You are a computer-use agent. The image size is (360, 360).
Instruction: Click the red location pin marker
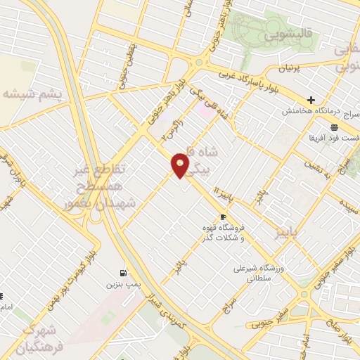181,165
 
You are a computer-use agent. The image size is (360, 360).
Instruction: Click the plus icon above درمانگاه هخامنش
311,100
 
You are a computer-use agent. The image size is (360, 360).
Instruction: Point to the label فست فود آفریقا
333,138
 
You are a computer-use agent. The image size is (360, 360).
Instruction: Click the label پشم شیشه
31,94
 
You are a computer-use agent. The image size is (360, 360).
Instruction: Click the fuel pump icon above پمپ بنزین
124,273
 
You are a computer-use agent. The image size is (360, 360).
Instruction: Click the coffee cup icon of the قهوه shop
223,217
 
